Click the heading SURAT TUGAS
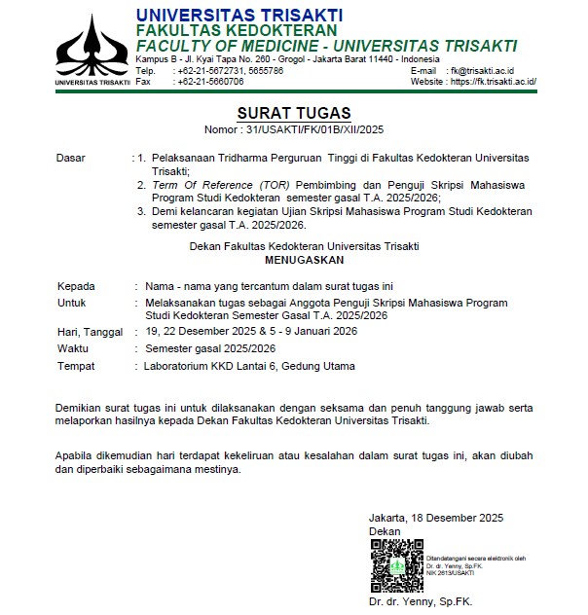294,113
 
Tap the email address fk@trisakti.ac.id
491,71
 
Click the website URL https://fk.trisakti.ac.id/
494,82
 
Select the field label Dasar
71,157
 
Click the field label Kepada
76,286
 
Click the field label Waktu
73,348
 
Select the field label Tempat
76,366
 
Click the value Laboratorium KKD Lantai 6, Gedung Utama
249,366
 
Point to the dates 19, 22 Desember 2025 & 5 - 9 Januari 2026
251,332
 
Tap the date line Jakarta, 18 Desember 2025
435,517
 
